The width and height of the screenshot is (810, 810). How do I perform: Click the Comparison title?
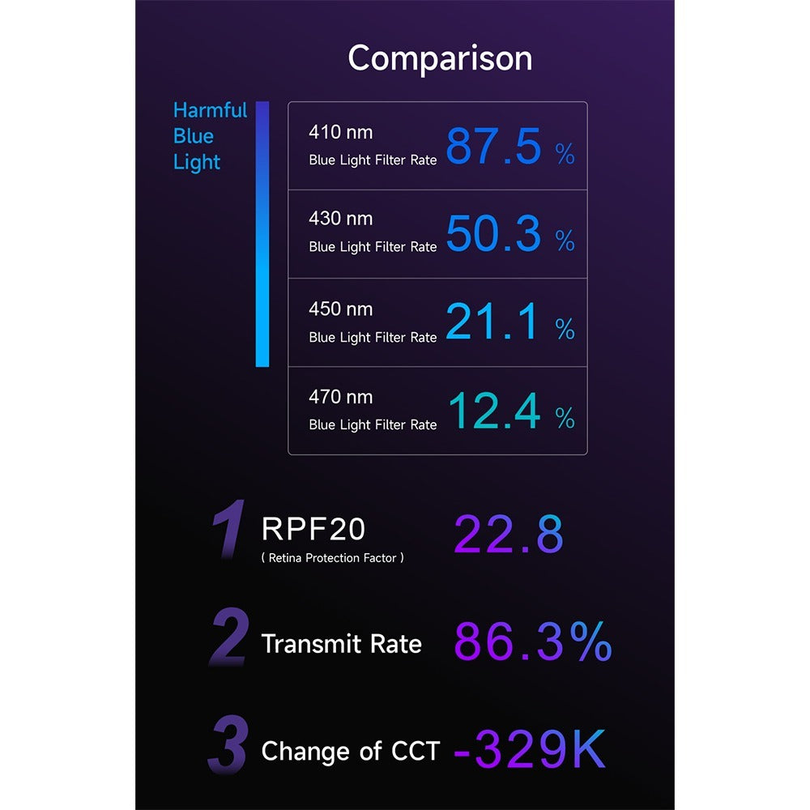(440, 58)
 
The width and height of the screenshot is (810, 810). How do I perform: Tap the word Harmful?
(210, 110)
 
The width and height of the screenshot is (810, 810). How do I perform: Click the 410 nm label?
(340, 131)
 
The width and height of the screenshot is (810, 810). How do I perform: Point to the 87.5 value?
(492, 147)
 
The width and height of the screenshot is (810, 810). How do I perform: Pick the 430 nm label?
(340, 219)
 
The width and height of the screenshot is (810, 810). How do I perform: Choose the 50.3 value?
(492, 234)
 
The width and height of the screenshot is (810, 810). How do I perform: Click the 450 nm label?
(340, 309)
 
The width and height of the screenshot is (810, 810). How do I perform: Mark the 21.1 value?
(491, 322)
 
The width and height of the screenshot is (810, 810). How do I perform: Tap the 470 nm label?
(340, 397)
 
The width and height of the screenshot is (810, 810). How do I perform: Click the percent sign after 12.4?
(565, 418)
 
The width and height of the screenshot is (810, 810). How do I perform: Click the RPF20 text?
(313, 529)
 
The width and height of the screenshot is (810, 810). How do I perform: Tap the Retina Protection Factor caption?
(332, 558)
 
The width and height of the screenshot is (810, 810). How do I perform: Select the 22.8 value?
(508, 535)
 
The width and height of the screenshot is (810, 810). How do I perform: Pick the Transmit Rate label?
(341, 644)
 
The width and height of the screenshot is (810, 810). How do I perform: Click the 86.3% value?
(532, 642)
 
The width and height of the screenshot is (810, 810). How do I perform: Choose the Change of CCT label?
(350, 751)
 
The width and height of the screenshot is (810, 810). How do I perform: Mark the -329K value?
(528, 749)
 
